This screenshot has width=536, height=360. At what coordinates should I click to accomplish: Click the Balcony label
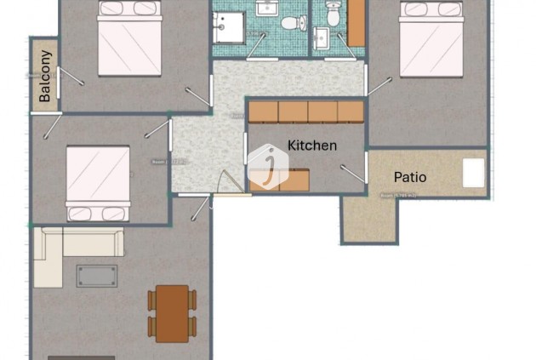(45, 77)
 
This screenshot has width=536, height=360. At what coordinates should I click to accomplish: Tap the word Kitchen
(312, 146)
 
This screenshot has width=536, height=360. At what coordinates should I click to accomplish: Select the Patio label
(410, 177)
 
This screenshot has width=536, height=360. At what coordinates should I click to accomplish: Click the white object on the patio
(473, 174)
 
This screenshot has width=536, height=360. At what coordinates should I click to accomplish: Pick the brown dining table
(172, 312)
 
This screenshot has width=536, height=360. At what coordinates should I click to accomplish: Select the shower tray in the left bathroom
(228, 27)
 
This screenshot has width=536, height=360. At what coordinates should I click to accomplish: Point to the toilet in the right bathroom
(333, 13)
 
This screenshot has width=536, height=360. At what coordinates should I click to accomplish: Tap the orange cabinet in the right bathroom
(356, 23)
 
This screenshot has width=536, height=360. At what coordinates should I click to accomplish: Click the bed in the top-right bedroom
(431, 39)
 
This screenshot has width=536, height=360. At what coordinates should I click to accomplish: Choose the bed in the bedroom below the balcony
(98, 183)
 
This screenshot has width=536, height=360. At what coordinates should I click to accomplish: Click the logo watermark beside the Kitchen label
(268, 164)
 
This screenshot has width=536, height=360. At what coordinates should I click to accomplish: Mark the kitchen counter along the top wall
(305, 111)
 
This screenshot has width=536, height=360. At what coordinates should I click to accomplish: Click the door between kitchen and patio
(353, 174)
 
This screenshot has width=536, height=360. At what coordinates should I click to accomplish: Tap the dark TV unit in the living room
(81, 357)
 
